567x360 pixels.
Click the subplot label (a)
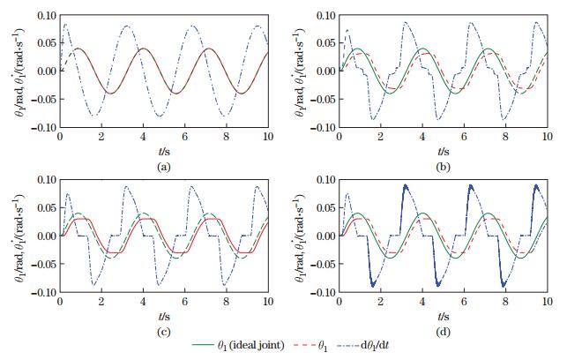pos(164,165)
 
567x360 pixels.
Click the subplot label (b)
pos(443,165)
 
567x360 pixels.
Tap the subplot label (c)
pos(164,330)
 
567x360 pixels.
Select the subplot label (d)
pos(443,330)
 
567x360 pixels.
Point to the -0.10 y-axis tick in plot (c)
pos(39,292)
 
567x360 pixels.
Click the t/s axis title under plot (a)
pos(164,151)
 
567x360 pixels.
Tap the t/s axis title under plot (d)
pos(443,316)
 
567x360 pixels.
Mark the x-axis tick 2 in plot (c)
pos(101,303)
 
